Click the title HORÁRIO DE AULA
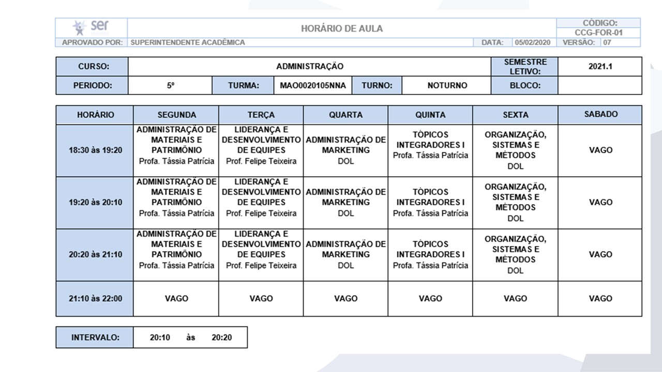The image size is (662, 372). point(342,29)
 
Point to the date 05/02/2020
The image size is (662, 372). point(532,42)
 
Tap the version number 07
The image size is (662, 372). point(607,42)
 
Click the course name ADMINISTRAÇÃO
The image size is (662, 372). point(309,67)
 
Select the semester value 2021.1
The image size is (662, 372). point(600,67)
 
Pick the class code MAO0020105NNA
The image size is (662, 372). point(313,85)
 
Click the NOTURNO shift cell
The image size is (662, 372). point(447,85)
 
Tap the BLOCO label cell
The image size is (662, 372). point(524,85)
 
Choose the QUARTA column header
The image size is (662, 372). point(345,115)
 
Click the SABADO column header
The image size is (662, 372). point(600,115)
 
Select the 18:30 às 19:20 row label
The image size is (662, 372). point(95,150)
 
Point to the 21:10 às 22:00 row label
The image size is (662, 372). point(95,298)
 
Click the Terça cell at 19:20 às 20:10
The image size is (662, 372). point(261,203)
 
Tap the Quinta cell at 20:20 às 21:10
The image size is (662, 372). point(430,255)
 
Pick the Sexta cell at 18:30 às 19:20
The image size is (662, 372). point(515,150)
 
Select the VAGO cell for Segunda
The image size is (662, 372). point(176,298)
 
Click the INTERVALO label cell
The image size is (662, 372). point(95,337)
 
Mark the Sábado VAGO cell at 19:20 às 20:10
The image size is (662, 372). point(600,203)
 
